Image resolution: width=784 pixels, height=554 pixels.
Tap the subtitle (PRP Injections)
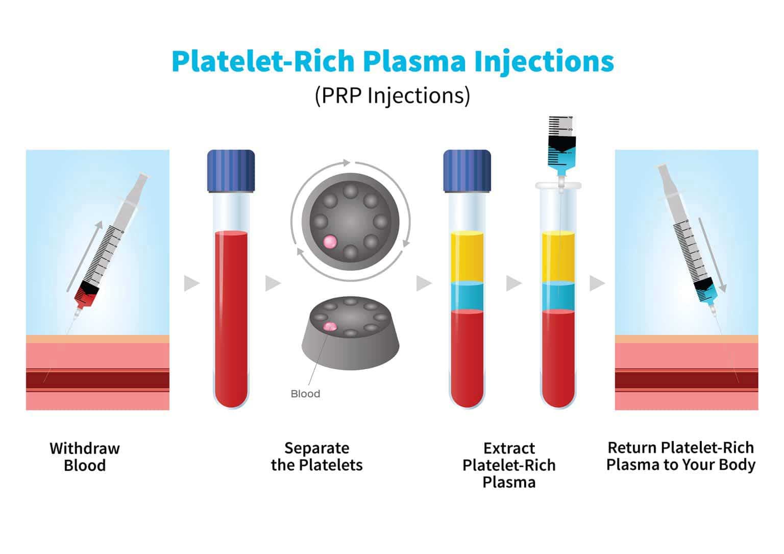(393, 95)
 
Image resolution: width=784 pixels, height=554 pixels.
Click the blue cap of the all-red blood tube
(231, 171)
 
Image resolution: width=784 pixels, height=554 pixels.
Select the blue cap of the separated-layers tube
(467, 171)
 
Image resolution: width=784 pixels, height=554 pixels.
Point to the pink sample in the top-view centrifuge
(330, 242)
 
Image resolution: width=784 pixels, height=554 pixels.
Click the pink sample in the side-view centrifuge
(330, 327)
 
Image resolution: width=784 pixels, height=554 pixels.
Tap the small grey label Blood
(305, 394)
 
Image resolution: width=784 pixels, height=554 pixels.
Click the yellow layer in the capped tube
(467, 257)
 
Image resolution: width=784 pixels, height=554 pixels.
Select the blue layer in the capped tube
(467, 296)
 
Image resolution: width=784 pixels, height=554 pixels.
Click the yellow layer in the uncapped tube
(558, 257)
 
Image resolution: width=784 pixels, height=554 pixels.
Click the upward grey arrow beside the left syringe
(84, 256)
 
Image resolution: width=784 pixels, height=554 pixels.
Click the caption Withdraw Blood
(85, 456)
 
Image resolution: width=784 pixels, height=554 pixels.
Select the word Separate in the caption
(317, 448)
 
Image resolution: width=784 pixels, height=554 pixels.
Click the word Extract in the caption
(509, 448)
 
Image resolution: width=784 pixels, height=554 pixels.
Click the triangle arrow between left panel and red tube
(191, 283)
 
